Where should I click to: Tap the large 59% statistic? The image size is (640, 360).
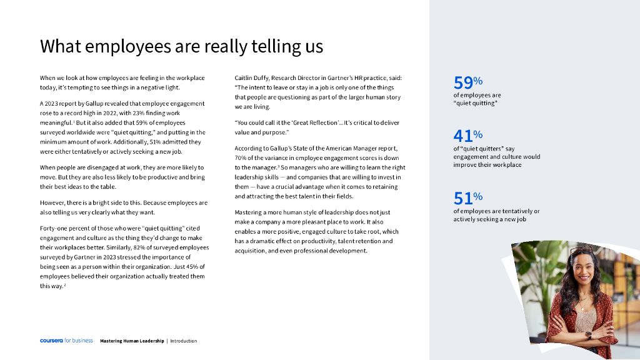pos(467,82)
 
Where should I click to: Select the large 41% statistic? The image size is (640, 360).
pos(467,135)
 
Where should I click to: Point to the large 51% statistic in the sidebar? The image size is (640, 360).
pos(467,198)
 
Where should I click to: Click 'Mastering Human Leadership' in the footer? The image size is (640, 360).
pos(132,341)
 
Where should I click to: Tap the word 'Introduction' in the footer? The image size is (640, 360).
pos(184,341)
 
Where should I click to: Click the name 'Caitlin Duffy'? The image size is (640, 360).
pos(251,78)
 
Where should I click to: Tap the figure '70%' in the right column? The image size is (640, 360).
pos(241,158)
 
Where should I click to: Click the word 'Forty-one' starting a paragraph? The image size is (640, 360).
pos(53,228)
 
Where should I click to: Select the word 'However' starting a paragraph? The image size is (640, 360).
pos(52,203)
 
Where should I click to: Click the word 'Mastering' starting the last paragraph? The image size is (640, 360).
pos(248,212)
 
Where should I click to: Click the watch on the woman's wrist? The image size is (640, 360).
pos(588,334)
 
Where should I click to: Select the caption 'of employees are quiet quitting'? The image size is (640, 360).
pos(476,99)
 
